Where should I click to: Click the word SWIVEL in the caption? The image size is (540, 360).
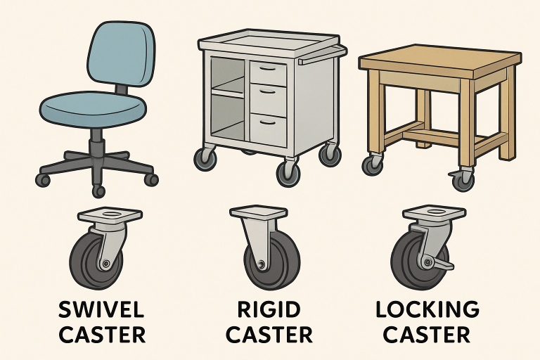102,310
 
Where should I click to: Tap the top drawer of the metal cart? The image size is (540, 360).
268,70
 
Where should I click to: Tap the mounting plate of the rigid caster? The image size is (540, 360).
259,212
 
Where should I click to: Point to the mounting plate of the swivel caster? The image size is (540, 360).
101,214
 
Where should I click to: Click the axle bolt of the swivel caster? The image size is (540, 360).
104,264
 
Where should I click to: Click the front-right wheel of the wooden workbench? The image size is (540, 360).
462,181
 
